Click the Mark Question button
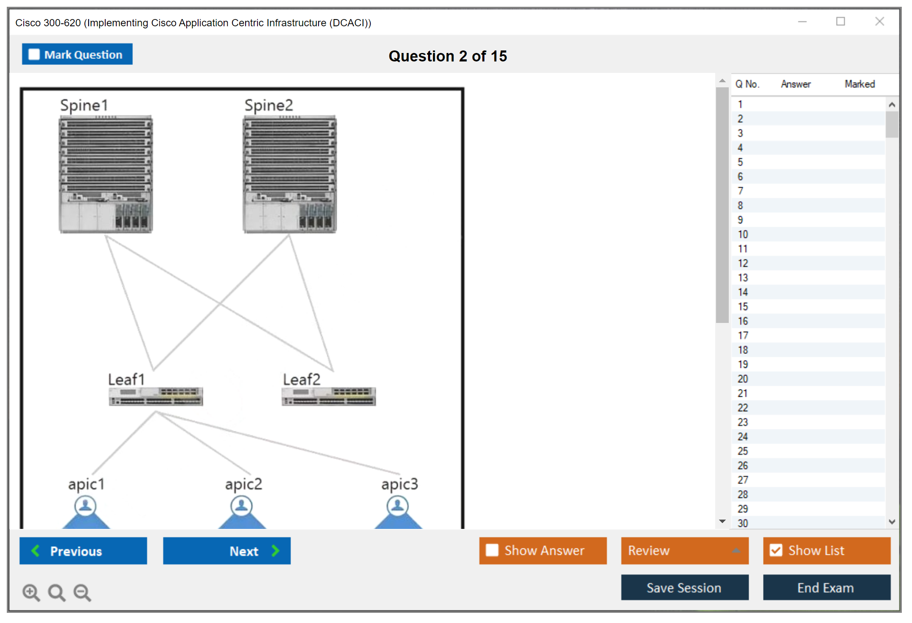point(77,54)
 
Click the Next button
point(227,551)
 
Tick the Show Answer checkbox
point(492,551)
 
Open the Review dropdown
point(684,551)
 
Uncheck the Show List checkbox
point(776,551)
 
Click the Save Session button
point(684,588)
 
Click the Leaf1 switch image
point(156,396)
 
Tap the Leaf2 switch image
point(329,396)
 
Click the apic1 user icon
point(86,506)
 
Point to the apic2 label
point(243,484)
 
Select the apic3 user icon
point(398,506)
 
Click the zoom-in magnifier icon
point(31,592)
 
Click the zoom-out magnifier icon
point(82,592)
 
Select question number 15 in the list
point(743,306)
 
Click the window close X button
point(879,22)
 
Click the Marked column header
point(859,84)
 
